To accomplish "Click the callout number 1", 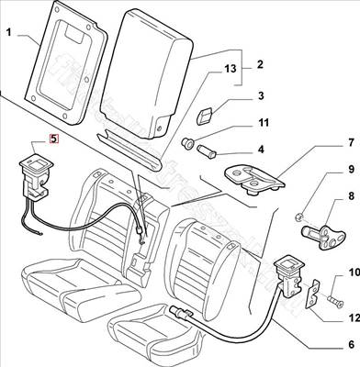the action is pyautogui.click(x=9, y=32).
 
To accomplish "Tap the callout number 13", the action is pyautogui.click(x=230, y=69).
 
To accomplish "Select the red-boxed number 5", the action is pyautogui.click(x=53, y=139).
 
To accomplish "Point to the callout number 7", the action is pyautogui.click(x=351, y=144).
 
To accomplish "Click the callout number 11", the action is pyautogui.click(x=263, y=123).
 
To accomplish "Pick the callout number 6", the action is pyautogui.click(x=351, y=345).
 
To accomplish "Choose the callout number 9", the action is pyautogui.click(x=351, y=169).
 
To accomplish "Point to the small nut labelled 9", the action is pyautogui.click(x=299, y=217).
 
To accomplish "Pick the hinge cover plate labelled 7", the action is pyautogui.click(x=254, y=180).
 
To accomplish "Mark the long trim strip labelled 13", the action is pyautogui.click(x=130, y=149).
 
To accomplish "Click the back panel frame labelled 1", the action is pyautogui.click(x=66, y=62).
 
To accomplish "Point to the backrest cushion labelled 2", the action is pyautogui.click(x=147, y=73).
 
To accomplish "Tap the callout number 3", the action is pyautogui.click(x=260, y=95).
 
